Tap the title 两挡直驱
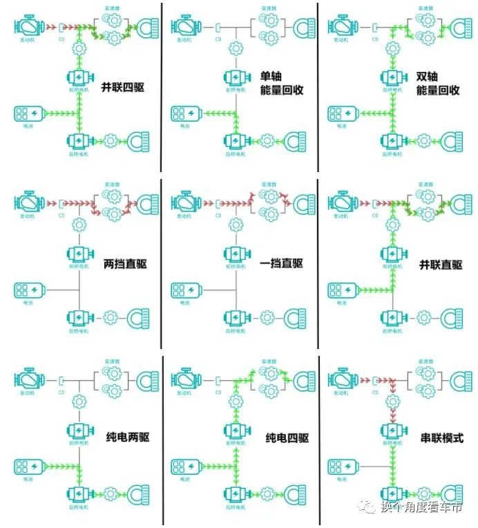click(x=126, y=264)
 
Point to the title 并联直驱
click(x=440, y=265)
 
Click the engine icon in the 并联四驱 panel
click(x=28, y=28)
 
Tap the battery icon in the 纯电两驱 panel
click(x=28, y=467)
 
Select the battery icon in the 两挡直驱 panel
click(x=28, y=290)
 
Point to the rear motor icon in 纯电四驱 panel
click(x=236, y=493)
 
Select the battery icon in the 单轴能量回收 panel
click(x=186, y=113)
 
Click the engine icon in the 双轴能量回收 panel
click(x=341, y=28)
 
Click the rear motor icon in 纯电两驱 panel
click(x=79, y=493)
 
